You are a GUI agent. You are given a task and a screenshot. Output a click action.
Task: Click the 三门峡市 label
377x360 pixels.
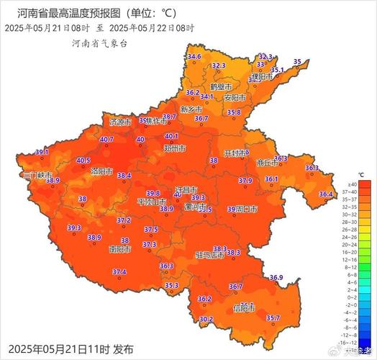tap(37, 175)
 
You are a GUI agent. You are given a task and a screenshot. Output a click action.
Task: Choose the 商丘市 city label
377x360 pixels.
tap(267, 163)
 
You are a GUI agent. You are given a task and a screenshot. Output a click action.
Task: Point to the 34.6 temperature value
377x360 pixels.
tap(194, 56)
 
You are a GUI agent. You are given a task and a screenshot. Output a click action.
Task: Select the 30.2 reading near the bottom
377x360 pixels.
tap(206, 319)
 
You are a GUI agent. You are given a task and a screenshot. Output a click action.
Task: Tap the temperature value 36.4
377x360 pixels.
tap(326, 194)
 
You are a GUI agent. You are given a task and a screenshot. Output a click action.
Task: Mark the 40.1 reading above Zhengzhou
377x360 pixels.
tap(171, 136)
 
